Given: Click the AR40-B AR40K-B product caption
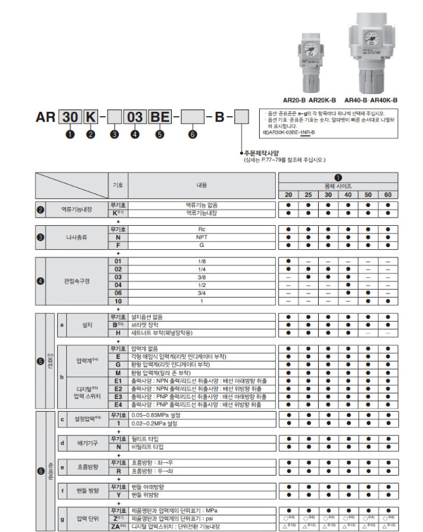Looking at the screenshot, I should (371, 101).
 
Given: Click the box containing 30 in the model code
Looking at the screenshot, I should (69, 118).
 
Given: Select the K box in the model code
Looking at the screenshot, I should (90, 118).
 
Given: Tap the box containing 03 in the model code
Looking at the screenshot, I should (134, 118).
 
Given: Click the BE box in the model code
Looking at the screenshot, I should (157, 118).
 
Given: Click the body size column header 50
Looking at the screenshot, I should (367, 194).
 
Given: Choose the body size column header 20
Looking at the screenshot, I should (289, 194).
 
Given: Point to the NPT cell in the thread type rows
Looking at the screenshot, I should (201, 237).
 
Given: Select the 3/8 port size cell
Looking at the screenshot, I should (201, 277).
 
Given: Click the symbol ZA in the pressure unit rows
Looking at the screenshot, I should (118, 526).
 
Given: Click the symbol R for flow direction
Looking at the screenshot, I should (118, 471).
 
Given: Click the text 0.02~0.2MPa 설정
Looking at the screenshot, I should (159, 423).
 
